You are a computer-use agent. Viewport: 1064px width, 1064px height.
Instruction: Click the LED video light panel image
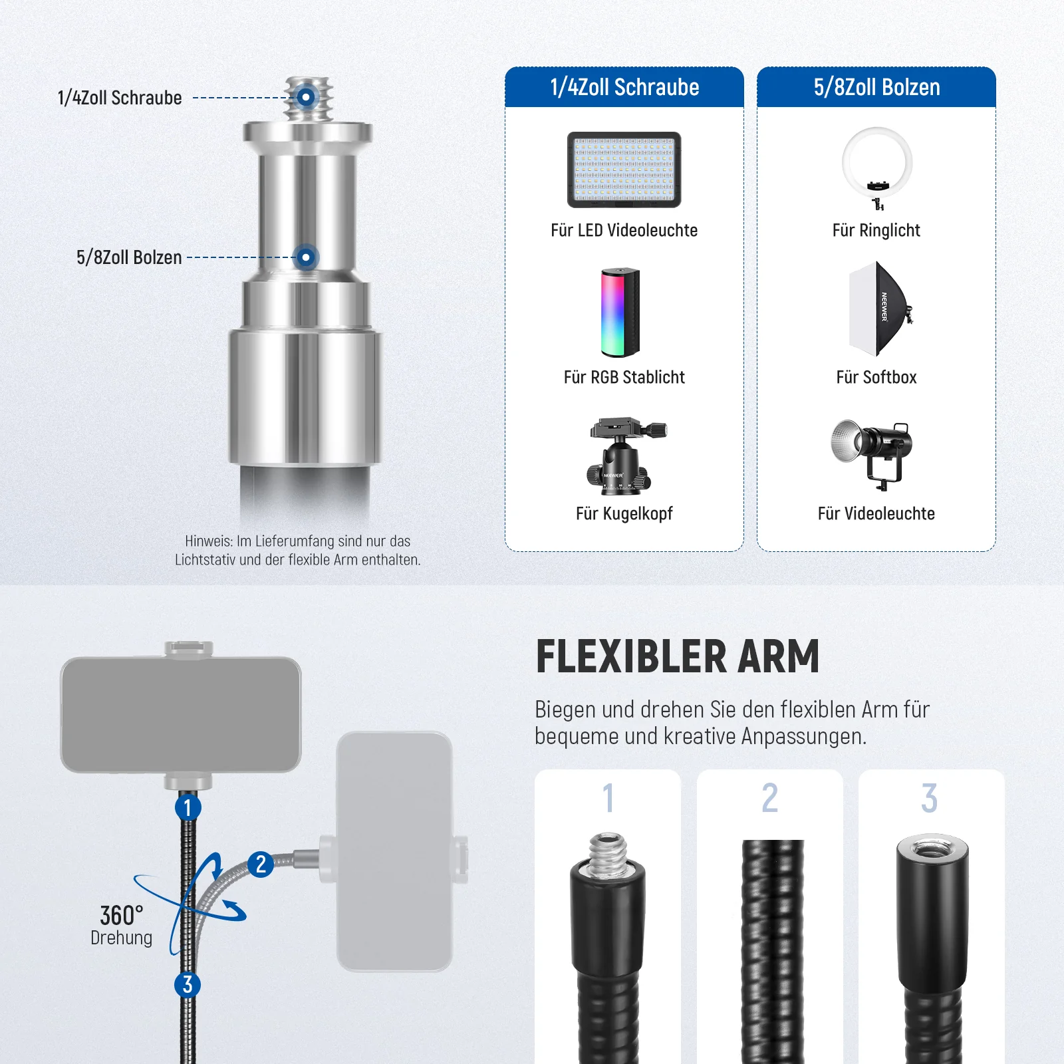(x=624, y=170)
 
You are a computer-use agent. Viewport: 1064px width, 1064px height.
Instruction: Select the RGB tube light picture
(x=620, y=313)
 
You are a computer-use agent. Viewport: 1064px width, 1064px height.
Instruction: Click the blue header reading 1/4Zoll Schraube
(x=624, y=87)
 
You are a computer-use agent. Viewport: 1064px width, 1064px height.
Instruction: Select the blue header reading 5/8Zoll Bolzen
(x=876, y=87)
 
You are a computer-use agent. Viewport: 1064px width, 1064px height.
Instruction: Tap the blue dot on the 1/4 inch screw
(x=306, y=98)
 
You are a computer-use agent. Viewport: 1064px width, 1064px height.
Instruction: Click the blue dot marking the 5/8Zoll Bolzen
(x=306, y=257)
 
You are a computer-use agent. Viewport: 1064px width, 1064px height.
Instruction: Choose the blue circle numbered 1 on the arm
(x=188, y=807)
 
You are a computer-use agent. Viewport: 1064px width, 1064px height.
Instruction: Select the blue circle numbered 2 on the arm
(x=261, y=864)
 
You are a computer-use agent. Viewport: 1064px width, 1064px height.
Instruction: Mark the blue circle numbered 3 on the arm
(x=188, y=984)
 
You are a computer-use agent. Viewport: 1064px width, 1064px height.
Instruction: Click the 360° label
(x=122, y=916)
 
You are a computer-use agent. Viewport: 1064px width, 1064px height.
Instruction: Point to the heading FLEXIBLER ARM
(x=678, y=657)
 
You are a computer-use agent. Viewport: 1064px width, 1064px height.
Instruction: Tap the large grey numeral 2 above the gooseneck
(x=770, y=797)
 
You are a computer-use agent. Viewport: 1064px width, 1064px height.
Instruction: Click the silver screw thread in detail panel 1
(x=607, y=855)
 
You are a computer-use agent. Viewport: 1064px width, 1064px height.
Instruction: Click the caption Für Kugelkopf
(x=624, y=513)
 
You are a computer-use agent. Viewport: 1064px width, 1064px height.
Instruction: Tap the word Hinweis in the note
(x=208, y=541)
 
